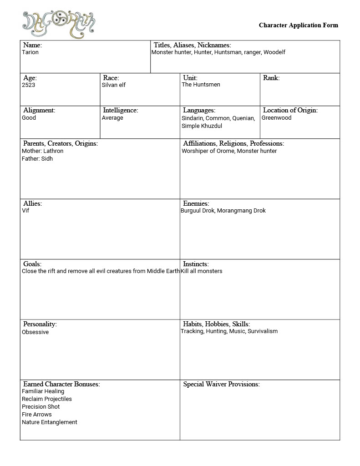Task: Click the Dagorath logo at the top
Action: coord(59,24)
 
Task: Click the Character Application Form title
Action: coord(298,25)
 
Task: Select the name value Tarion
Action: coord(30,52)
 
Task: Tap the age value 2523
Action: coord(28,85)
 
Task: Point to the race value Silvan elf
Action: coord(114,85)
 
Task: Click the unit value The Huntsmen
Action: coord(201,85)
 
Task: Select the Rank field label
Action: coord(271,78)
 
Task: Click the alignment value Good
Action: coord(29,118)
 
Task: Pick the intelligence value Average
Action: coord(112,118)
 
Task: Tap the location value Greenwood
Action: coord(276,118)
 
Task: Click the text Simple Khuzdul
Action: coord(202,126)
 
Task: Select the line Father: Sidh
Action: coord(37,159)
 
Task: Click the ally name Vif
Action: coord(25,211)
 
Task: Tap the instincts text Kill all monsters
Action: coord(202,271)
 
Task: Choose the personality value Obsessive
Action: coord(35,332)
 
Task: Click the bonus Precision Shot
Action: coord(41,407)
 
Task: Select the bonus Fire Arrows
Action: coord(37,415)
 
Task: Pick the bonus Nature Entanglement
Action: coord(50,422)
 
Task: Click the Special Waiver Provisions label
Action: coord(221,384)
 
